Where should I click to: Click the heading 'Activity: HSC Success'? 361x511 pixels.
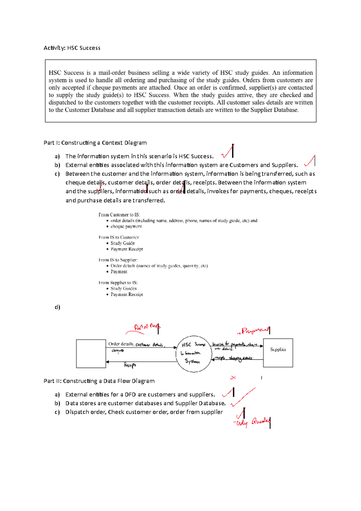click(x=72, y=48)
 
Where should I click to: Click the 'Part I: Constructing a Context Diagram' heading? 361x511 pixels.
click(x=95, y=143)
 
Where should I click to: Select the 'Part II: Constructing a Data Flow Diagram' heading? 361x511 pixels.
click(x=99, y=381)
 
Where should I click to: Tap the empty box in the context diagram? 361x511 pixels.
click(x=91, y=354)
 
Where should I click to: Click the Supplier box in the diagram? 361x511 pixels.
click(x=278, y=353)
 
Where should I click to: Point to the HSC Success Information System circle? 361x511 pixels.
click(x=193, y=354)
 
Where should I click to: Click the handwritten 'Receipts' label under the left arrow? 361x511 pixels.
click(x=130, y=365)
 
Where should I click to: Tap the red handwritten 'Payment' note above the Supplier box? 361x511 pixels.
click(x=254, y=331)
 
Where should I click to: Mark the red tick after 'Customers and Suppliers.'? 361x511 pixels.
click(x=310, y=161)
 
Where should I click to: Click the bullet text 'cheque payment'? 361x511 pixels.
click(x=126, y=227)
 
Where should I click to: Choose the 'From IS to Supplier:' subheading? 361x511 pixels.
click(x=118, y=260)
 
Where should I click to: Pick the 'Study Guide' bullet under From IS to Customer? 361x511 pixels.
click(x=122, y=243)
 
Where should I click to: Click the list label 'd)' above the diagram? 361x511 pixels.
click(x=57, y=307)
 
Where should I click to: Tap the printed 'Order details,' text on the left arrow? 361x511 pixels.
click(x=121, y=344)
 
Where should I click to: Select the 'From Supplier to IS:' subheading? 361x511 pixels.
click(x=118, y=283)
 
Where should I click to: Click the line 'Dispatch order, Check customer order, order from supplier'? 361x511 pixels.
click(x=144, y=412)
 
